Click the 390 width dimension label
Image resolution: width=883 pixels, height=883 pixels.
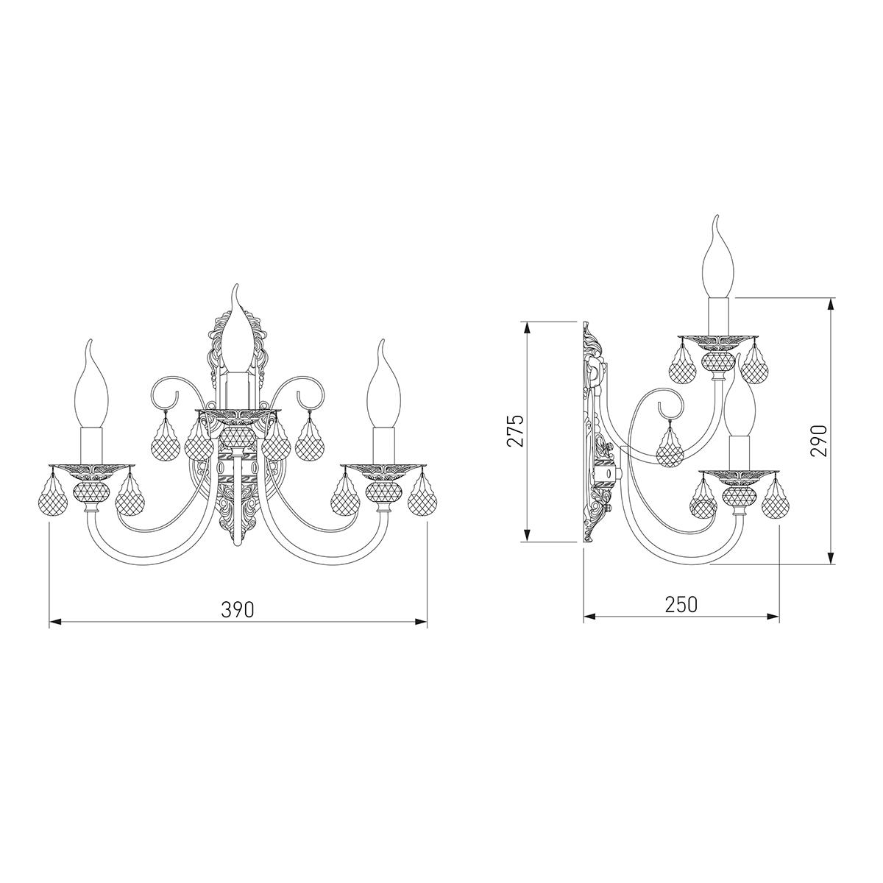[238, 609]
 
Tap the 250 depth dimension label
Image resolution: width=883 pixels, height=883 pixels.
[681, 604]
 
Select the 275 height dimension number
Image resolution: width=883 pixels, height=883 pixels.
[514, 430]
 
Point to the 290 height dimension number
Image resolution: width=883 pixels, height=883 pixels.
[819, 441]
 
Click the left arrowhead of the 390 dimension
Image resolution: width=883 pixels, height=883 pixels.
[55, 622]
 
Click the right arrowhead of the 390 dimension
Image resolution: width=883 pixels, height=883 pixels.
[421, 622]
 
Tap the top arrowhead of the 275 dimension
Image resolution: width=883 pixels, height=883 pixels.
[528, 328]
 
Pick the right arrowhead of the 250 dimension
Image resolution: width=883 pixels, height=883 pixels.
[773, 617]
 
